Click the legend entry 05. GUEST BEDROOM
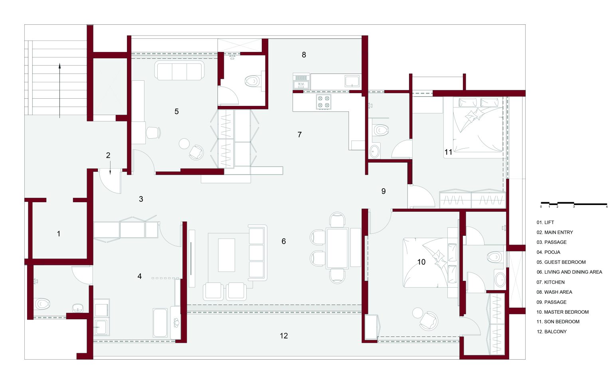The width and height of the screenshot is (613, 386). pos(561,262)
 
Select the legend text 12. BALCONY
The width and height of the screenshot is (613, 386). pos(552,332)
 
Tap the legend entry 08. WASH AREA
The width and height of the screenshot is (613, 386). pos(554,292)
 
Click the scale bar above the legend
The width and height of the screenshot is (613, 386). pos(574,203)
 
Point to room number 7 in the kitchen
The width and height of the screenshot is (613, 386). pos(300,135)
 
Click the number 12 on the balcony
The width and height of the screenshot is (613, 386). pos(284,336)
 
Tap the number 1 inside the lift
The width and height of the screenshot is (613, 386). pos(59,234)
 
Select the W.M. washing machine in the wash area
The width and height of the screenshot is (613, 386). pos(301,82)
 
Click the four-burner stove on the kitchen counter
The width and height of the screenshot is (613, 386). pos(324,101)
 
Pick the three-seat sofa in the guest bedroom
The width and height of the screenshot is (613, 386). pos(179,70)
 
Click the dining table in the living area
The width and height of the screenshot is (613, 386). pos(337,248)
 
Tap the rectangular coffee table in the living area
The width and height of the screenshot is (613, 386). pos(226,255)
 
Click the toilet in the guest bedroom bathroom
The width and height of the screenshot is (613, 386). pos(253,81)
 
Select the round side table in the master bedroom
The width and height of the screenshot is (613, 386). pos(418,312)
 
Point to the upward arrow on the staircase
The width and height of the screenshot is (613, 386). pos(59,91)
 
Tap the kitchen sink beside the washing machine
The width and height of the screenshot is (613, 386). pos(352,81)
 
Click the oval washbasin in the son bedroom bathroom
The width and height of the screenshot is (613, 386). pos(374,151)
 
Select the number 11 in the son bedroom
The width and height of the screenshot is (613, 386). pos(448,152)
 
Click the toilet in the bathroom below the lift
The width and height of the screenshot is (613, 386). pos(42,304)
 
